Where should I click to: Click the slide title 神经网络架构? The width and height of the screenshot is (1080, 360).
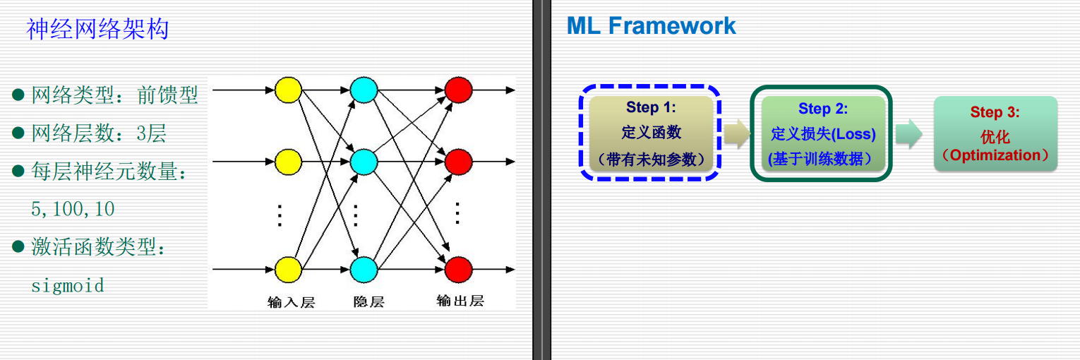(97, 29)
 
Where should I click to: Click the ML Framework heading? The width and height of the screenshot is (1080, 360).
(651, 26)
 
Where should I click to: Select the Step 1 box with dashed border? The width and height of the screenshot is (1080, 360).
(650, 133)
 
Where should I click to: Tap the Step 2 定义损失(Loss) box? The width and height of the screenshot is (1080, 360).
(822, 133)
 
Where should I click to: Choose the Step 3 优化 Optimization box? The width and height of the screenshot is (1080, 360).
(995, 134)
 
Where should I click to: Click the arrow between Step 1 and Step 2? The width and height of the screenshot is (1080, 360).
(736, 133)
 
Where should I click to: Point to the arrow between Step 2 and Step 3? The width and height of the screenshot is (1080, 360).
(909, 133)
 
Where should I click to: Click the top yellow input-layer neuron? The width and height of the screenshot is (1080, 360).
(288, 90)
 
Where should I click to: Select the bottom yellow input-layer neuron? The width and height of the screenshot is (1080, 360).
(288, 269)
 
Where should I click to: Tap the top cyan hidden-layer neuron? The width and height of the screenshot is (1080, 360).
(364, 90)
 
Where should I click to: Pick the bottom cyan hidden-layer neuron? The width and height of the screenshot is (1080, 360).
(364, 269)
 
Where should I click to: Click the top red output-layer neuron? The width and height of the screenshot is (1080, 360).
(458, 90)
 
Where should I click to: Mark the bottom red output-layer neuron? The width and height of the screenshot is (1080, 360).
(458, 269)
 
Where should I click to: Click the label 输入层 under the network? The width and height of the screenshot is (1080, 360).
(291, 302)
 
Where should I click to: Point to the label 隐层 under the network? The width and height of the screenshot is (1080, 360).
(368, 302)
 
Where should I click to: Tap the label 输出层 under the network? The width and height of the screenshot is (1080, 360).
(460, 301)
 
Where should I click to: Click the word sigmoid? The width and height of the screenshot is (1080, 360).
(68, 286)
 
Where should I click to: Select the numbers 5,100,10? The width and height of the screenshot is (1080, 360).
(73, 210)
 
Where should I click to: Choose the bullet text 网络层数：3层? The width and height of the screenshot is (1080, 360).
(99, 133)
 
